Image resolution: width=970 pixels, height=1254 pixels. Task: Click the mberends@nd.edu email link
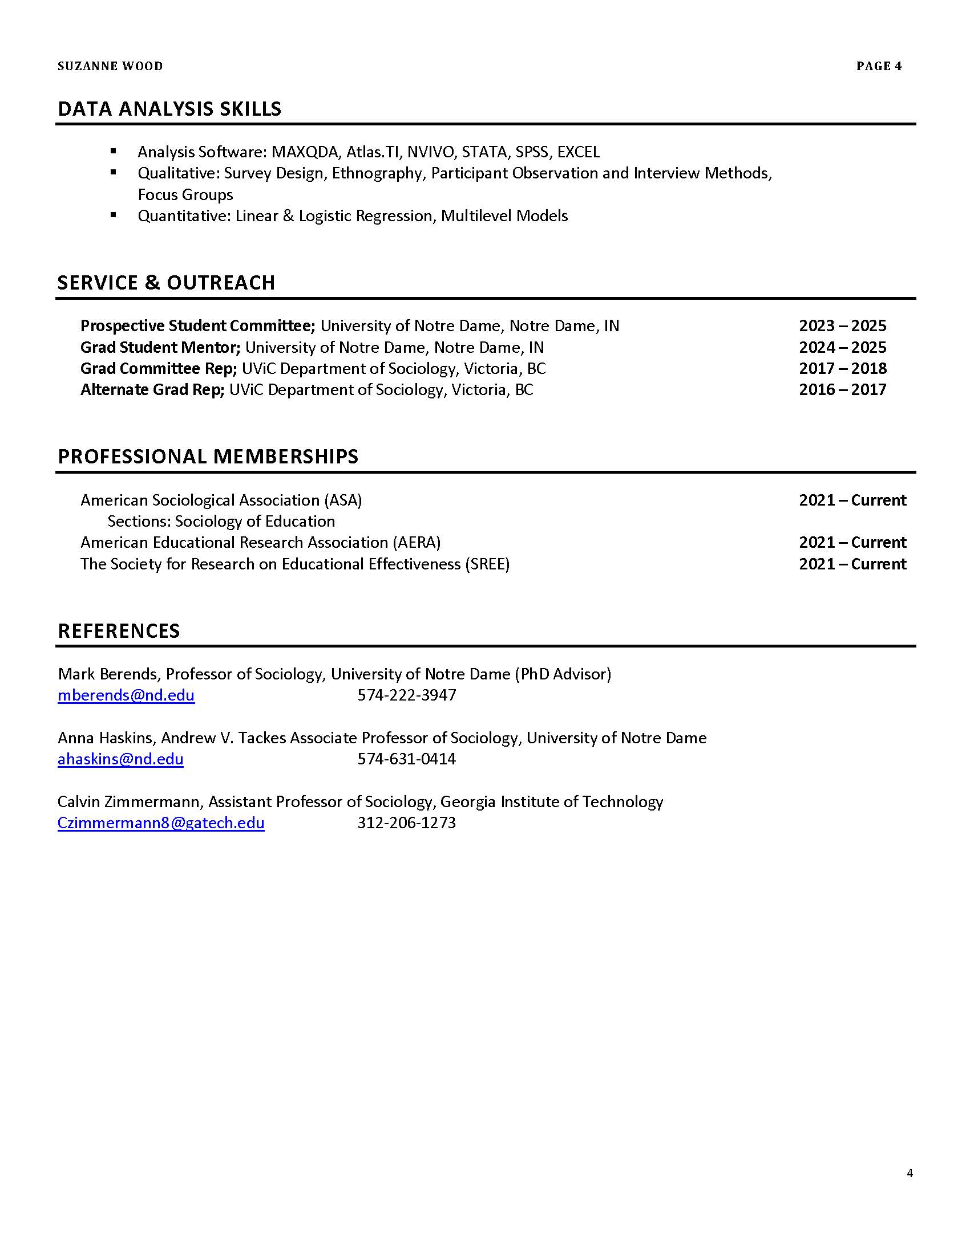pos(126,695)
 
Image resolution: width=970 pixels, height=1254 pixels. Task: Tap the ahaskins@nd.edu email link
pos(120,759)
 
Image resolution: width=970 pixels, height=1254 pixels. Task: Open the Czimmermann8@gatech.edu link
pos(161,823)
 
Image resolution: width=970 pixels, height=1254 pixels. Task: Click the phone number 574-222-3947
pos(406,695)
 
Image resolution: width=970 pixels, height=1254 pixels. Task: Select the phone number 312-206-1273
pos(406,823)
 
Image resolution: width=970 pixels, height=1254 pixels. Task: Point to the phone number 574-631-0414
pos(406,759)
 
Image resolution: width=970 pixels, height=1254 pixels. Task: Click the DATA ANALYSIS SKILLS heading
pos(169,109)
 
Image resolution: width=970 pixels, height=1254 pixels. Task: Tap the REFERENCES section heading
pos(119,631)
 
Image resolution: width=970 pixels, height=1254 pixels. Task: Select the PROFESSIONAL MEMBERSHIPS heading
pos(208,457)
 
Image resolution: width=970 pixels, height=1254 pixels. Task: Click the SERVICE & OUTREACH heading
pos(166,283)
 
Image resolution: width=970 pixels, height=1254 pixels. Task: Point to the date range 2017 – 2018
pos(842,369)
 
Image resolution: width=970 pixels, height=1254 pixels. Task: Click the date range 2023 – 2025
pos(842,326)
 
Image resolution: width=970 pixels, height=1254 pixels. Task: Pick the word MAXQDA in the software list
pos(305,152)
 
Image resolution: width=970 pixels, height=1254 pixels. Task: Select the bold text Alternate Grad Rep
pos(152,390)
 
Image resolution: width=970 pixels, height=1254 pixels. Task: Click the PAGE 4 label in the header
pos(879,66)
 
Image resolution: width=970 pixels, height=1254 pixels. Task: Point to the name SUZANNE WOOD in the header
pos(110,66)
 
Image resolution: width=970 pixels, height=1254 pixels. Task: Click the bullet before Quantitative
pos(114,215)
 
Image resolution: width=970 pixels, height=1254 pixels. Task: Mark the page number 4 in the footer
pos(910,1173)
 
